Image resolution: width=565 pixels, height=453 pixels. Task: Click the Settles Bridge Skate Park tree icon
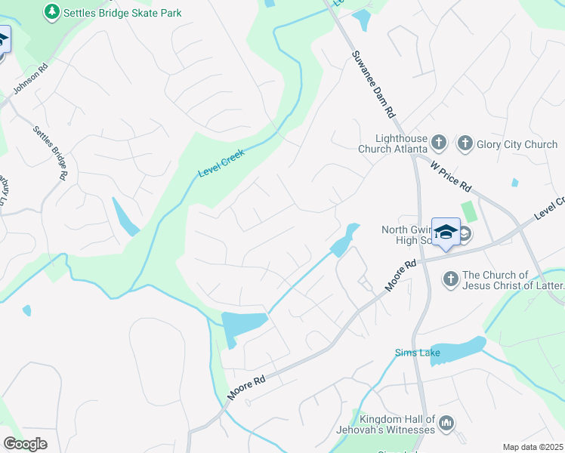(x=51, y=12)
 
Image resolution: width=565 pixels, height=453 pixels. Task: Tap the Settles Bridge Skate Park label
(x=122, y=13)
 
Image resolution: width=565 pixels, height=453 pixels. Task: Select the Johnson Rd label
(x=31, y=79)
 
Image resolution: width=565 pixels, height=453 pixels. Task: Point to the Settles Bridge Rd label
(x=51, y=152)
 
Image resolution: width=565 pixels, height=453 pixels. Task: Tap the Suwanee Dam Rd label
(x=373, y=83)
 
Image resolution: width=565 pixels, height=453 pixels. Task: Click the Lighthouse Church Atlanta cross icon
(x=439, y=143)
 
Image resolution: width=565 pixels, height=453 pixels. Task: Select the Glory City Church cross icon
(x=465, y=143)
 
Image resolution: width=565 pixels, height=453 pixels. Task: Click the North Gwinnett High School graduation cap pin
(x=446, y=232)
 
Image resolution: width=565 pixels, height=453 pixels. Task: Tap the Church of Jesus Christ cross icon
(x=450, y=279)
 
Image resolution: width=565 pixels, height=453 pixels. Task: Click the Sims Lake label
(x=412, y=353)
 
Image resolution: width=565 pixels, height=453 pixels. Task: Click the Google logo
(x=25, y=444)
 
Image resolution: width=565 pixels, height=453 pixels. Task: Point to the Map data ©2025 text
(x=533, y=447)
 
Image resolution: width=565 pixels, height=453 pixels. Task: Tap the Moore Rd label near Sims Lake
(x=400, y=277)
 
